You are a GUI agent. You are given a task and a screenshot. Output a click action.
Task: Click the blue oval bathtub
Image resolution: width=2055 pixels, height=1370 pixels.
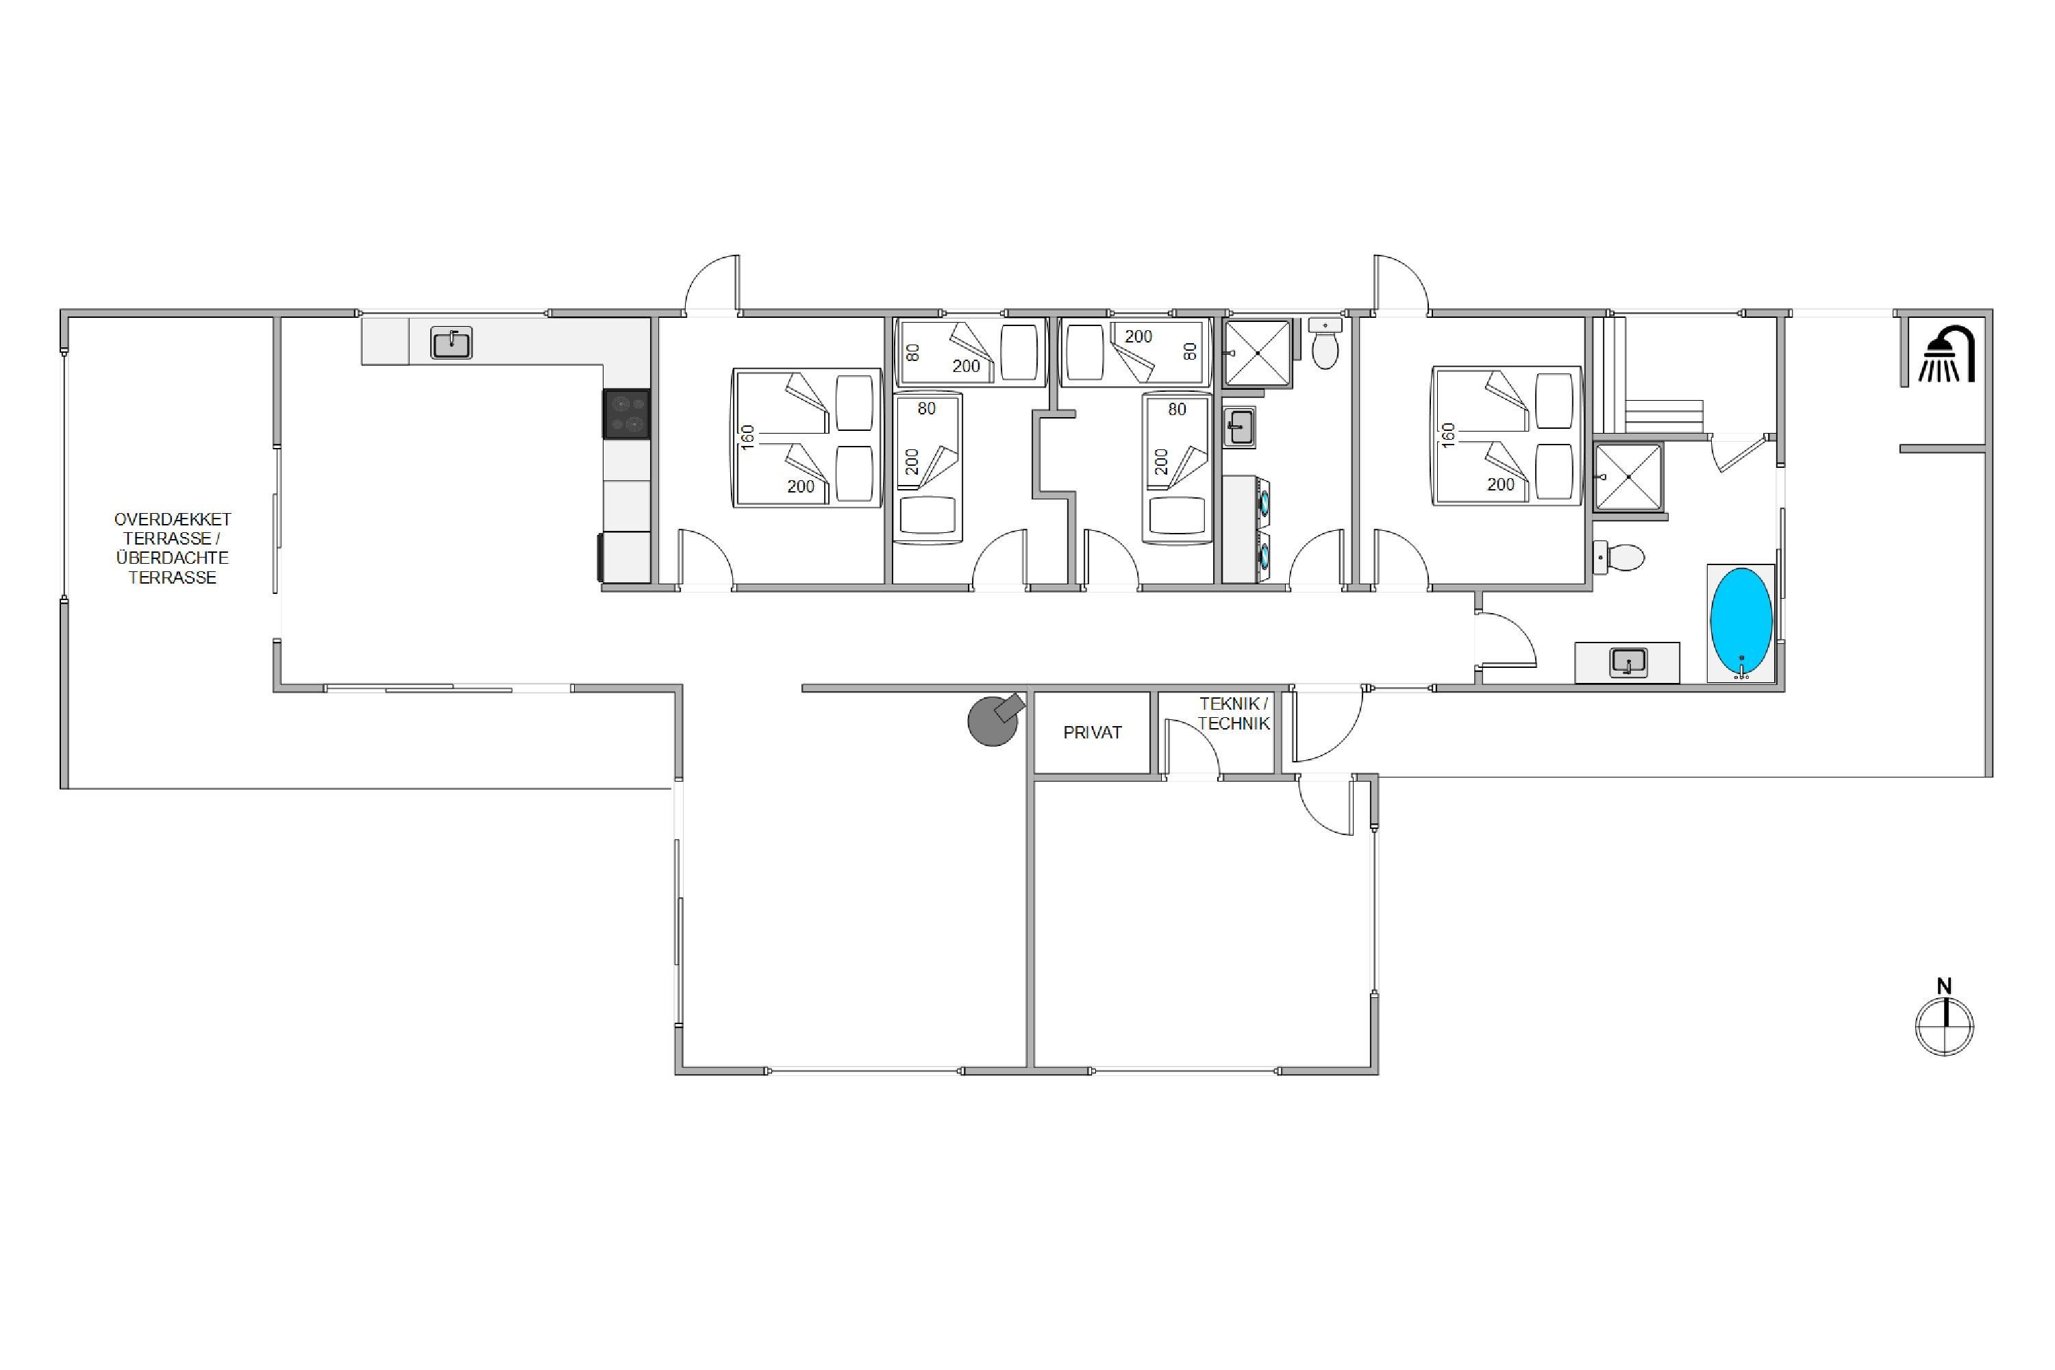[1741, 622]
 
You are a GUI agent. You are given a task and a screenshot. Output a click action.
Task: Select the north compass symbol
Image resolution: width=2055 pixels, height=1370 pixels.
[1944, 1019]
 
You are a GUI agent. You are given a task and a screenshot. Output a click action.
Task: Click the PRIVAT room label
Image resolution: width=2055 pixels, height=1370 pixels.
[1092, 733]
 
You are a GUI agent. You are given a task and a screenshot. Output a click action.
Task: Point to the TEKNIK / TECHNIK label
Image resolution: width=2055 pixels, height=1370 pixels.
[1234, 713]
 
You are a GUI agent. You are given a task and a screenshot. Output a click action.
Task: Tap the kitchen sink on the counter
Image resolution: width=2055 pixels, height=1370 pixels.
[451, 342]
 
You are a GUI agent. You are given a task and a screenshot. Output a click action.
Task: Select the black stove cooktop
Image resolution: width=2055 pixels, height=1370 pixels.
[627, 413]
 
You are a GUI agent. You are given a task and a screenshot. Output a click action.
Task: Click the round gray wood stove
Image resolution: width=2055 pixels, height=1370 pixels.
[995, 719]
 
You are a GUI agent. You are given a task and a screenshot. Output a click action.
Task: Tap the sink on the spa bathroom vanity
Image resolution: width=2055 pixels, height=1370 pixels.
[1628, 662]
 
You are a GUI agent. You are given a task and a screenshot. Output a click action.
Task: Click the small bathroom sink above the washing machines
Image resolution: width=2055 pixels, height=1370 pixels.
[1238, 427]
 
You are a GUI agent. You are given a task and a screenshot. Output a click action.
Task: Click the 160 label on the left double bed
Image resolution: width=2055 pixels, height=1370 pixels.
[748, 438]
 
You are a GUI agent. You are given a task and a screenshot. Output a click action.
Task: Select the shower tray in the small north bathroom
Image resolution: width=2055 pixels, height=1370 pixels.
[1257, 353]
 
